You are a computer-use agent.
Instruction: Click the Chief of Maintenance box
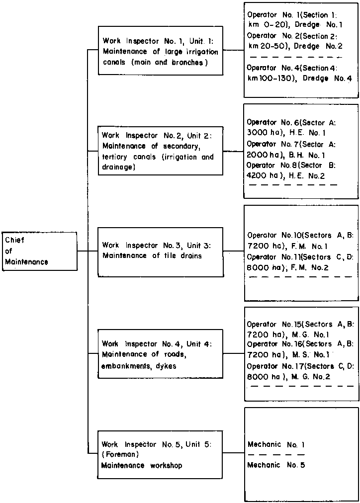point(40,251)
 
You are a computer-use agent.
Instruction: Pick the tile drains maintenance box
point(160,251)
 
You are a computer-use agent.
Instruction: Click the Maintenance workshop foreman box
point(160,454)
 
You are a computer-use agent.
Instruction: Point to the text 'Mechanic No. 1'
point(276,444)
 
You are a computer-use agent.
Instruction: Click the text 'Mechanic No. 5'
point(276,465)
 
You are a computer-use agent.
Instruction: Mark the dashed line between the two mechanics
point(276,455)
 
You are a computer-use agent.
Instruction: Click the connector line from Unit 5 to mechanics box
point(234,453)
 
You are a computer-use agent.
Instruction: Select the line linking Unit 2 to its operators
point(233,151)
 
